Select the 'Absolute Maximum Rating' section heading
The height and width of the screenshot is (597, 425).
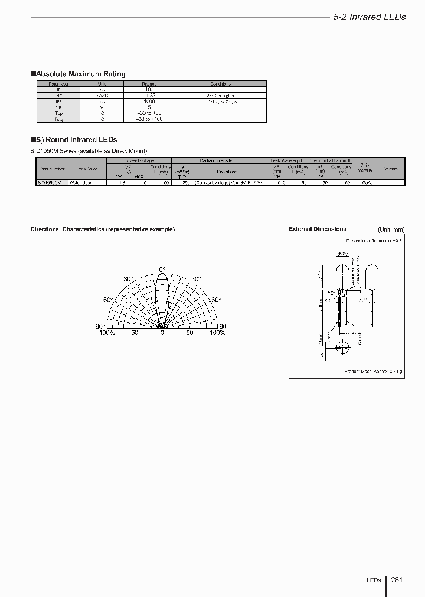(78, 74)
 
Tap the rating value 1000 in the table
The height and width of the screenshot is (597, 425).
(149, 101)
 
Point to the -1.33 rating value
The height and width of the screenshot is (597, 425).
(149, 96)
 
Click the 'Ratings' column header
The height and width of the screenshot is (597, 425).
(149, 84)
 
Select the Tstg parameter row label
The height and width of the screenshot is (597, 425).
(58, 119)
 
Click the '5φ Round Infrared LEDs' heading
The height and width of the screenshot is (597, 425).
(74, 140)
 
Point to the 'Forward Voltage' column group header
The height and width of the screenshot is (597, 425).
(139, 160)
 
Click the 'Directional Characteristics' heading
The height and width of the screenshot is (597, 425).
(102, 229)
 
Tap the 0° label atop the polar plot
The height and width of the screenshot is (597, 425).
(162, 270)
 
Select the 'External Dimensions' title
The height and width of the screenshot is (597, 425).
(317, 229)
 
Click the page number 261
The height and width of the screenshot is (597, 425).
(397, 580)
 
